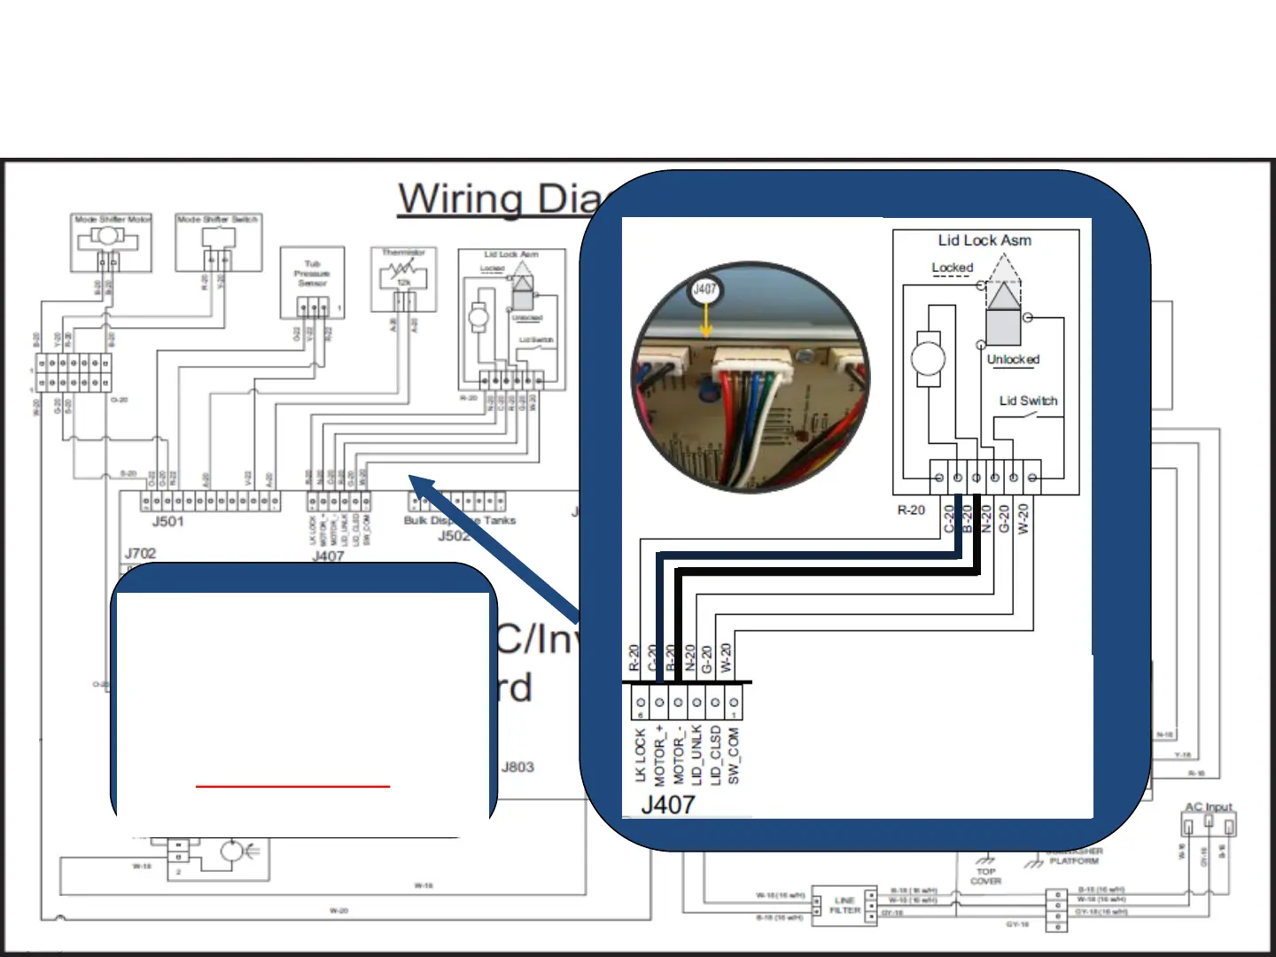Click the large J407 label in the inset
click(x=668, y=804)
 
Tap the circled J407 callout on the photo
click(x=705, y=289)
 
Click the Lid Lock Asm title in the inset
click(x=984, y=240)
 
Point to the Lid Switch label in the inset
click(x=1028, y=401)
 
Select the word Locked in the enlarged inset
click(x=952, y=268)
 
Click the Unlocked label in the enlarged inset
click(x=1013, y=359)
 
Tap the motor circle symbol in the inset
click(x=928, y=359)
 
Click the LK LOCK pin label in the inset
click(x=640, y=756)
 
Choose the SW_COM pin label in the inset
click(x=734, y=756)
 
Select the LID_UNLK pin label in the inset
click(x=696, y=756)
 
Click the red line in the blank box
click(x=292, y=786)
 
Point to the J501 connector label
click(x=167, y=521)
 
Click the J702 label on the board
click(x=140, y=553)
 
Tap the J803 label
click(x=517, y=766)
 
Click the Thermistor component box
click(x=403, y=280)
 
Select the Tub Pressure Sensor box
click(x=312, y=282)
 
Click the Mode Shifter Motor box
click(x=111, y=242)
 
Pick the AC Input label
click(x=1209, y=807)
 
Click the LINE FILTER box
click(x=844, y=906)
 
